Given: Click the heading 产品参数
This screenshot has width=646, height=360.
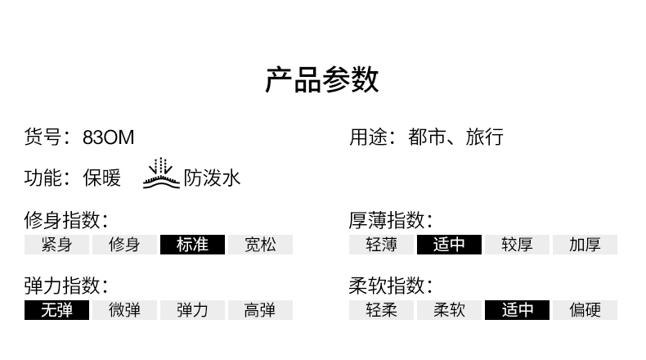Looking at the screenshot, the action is (x=322, y=81).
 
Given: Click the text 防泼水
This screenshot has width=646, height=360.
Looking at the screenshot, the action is (x=212, y=178).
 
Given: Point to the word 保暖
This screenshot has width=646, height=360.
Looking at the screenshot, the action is (x=102, y=178).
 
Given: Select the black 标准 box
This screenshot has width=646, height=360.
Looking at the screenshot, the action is (x=192, y=245).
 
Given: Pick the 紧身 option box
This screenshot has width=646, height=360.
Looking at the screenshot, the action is (x=56, y=245).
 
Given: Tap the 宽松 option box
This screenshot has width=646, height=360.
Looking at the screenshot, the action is (x=260, y=245).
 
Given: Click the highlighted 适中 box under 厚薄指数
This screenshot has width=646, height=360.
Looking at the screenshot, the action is (x=449, y=245).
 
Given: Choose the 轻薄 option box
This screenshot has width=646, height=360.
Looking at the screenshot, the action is (x=381, y=245).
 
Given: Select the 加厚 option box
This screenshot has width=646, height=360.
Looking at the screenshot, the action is (x=585, y=245).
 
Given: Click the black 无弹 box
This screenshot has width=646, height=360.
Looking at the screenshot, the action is (x=56, y=310).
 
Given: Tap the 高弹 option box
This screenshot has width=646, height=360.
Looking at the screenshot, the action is (x=260, y=310).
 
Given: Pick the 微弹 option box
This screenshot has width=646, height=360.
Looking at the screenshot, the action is (x=124, y=310).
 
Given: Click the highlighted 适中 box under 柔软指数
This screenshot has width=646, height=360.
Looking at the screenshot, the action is (x=517, y=310).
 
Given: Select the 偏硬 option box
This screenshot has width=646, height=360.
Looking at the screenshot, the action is (x=585, y=310).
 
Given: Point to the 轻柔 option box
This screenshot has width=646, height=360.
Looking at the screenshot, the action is (x=381, y=310).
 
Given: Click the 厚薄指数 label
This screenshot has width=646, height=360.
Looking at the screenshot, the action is (x=389, y=220).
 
